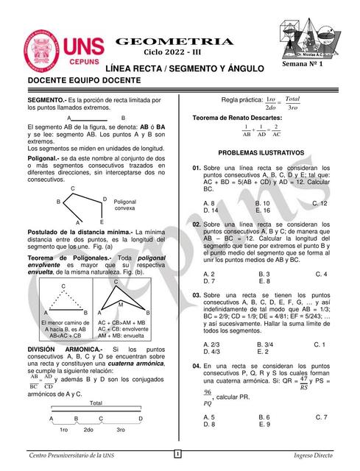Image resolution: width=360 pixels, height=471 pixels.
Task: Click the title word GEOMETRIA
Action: [175, 42]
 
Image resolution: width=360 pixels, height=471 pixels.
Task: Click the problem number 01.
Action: [197, 169]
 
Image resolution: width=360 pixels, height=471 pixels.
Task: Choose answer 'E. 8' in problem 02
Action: [264, 280]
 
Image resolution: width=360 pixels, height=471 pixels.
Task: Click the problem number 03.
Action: [197, 295]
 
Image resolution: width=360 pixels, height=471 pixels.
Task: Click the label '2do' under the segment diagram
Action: [89, 429]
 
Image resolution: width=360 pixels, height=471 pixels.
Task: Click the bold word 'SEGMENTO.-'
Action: [46, 99]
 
